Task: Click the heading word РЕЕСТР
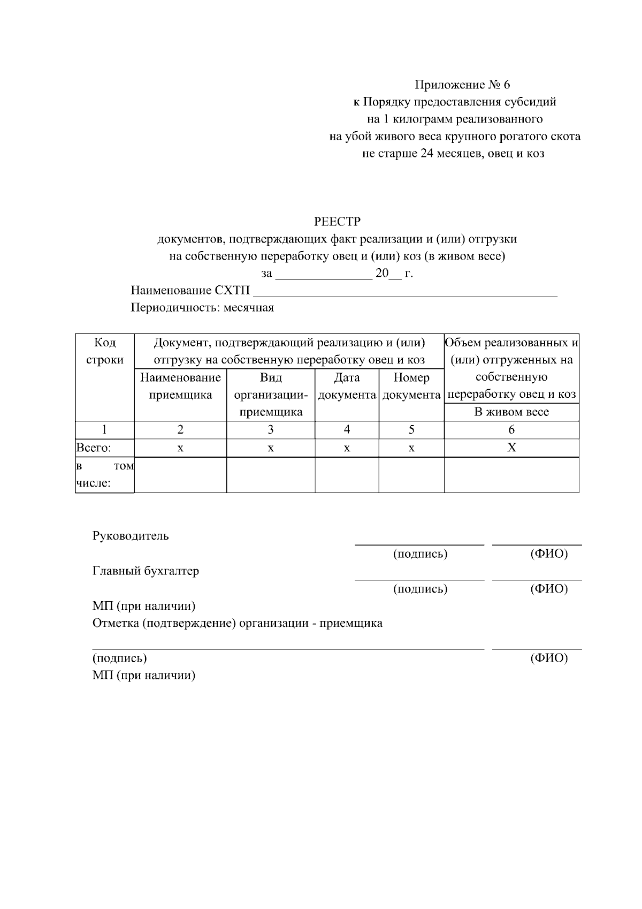coord(337,221)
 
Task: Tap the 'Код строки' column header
coord(104,351)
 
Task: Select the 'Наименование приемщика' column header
coord(180,386)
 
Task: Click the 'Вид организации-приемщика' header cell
coord(271,395)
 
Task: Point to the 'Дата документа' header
coord(347,386)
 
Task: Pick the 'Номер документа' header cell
coord(411,386)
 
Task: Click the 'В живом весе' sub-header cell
coord(511,412)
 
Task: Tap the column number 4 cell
coord(347,429)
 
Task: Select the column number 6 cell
coord(511,429)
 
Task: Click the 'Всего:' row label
coord(94,448)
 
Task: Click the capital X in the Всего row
coord(511,448)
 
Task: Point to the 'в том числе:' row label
coord(104,475)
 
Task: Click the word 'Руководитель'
coord(131,536)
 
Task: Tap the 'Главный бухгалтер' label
coord(146,571)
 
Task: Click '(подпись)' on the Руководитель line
coord(420,554)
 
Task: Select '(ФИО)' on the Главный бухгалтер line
coord(549,589)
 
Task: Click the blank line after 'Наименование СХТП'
coord(405,292)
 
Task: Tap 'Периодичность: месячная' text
coord(202,308)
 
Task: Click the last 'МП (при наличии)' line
coord(144,675)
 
